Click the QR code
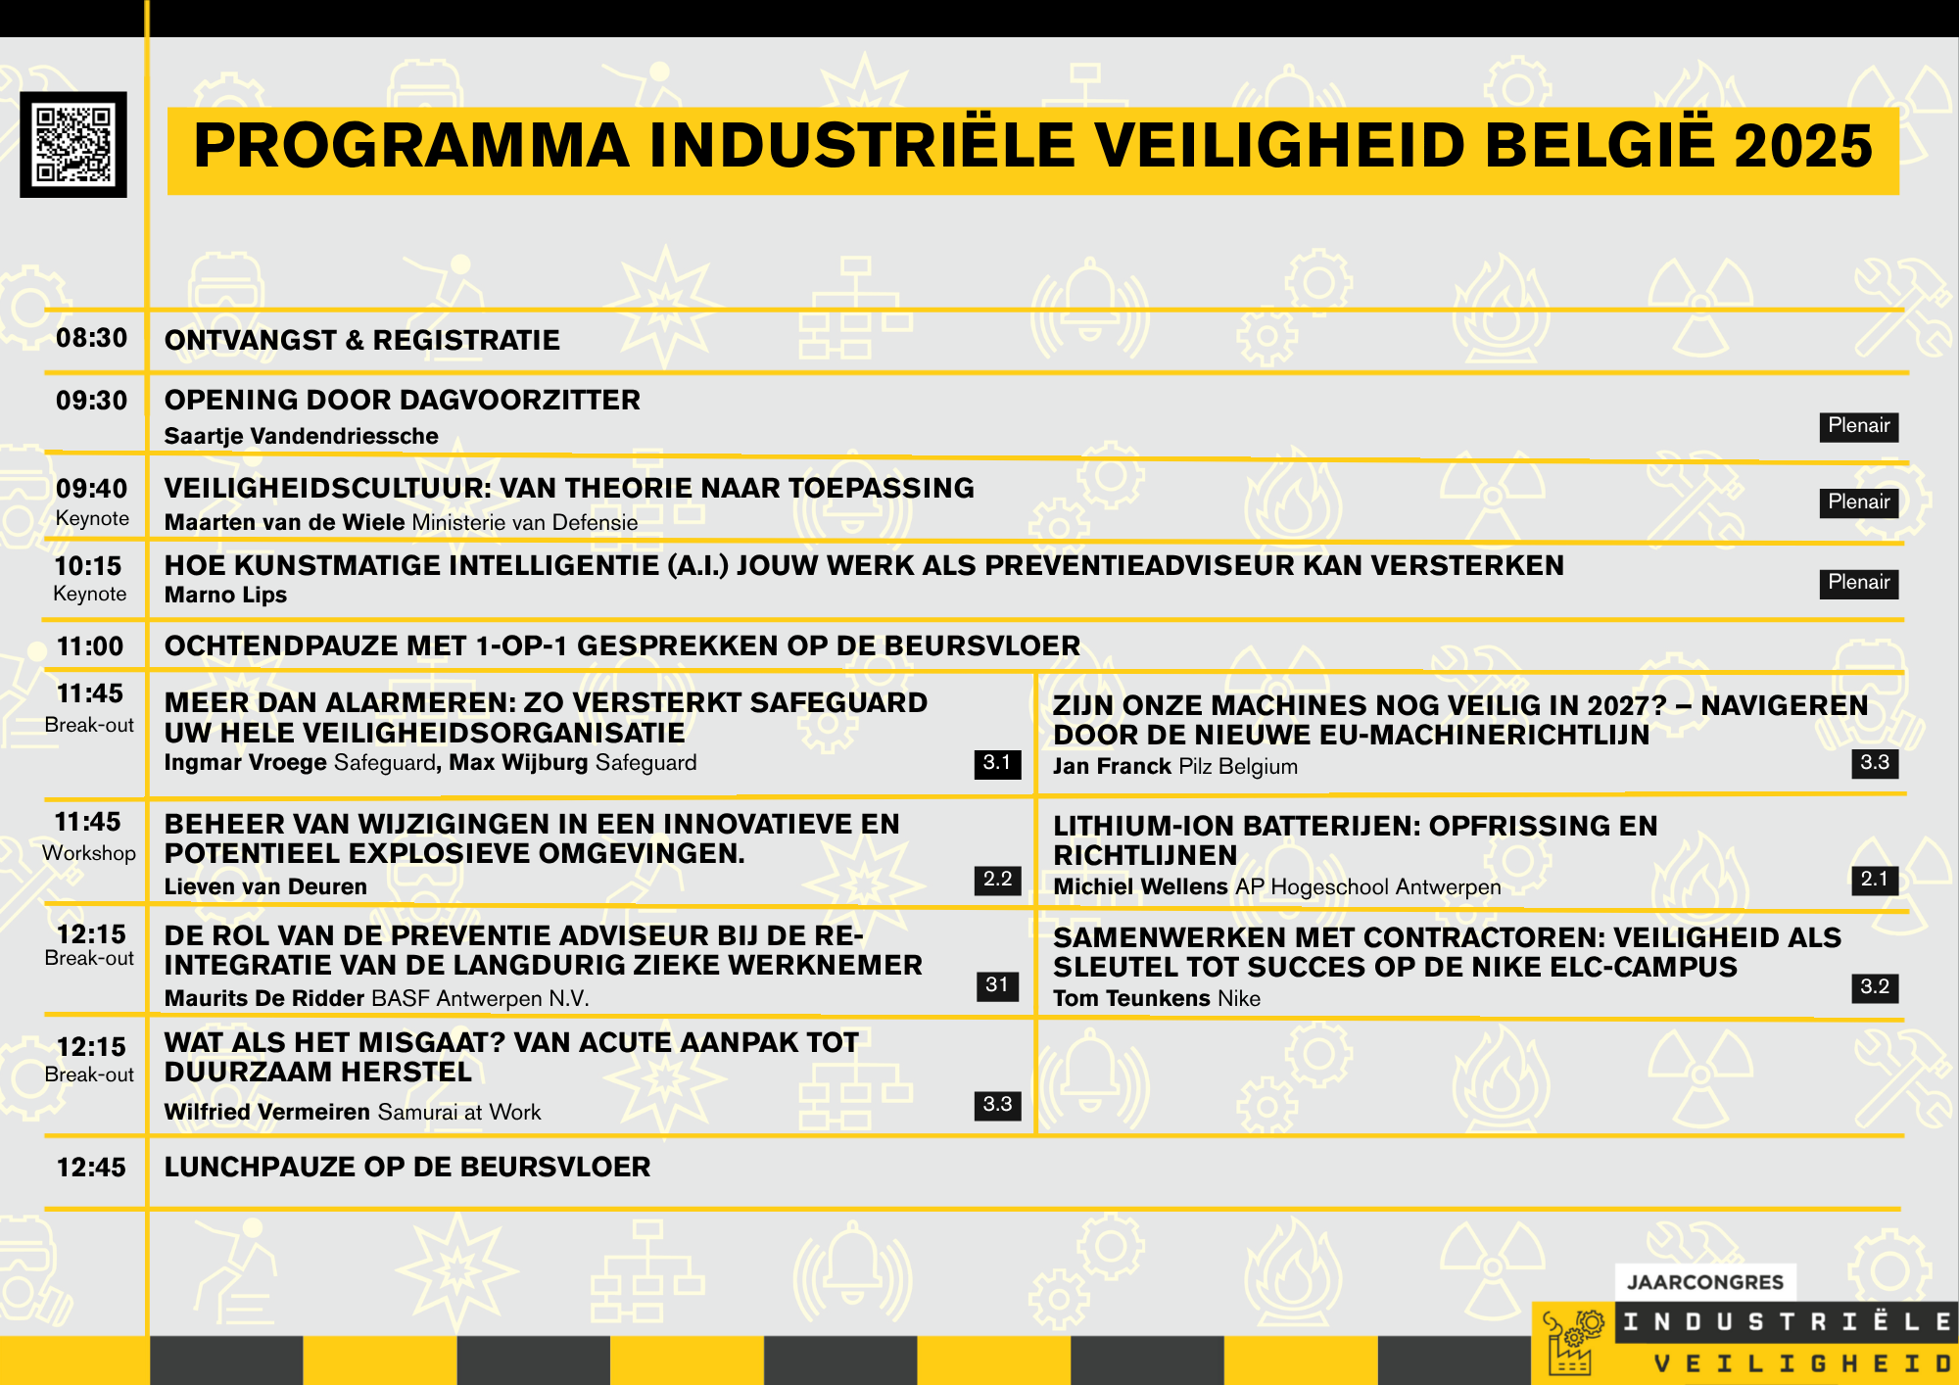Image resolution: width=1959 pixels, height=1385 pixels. [x=73, y=145]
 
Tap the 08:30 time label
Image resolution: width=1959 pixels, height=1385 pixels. [x=92, y=338]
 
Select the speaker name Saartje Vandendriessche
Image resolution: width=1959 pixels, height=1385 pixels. [x=302, y=436]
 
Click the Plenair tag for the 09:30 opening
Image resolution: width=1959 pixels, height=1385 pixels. [x=1859, y=426]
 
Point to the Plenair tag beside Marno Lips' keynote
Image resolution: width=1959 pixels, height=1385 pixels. [x=1859, y=583]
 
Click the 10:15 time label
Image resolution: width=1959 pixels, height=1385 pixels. [x=88, y=566]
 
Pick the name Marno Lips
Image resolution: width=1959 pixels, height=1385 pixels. [x=225, y=595]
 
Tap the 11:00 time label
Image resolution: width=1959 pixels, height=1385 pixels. [x=90, y=646]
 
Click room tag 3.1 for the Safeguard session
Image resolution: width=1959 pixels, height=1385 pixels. [x=997, y=763]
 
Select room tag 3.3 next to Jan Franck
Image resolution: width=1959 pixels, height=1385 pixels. [x=1875, y=763]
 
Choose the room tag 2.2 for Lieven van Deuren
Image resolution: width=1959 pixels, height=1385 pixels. [x=997, y=880]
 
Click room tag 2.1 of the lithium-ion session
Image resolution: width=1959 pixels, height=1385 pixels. [x=1875, y=880]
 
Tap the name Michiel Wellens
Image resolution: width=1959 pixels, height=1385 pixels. [x=1140, y=886]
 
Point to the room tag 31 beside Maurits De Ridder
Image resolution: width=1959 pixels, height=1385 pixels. [x=997, y=985]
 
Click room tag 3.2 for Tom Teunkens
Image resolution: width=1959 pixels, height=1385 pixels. [x=1875, y=987]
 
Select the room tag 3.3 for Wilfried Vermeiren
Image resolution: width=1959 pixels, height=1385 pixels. [x=997, y=1105]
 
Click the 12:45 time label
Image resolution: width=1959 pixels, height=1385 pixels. [x=91, y=1168]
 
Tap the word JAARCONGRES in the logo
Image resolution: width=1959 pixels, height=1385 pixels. [x=1705, y=1282]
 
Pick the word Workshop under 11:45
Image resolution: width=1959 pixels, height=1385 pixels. [x=89, y=853]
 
